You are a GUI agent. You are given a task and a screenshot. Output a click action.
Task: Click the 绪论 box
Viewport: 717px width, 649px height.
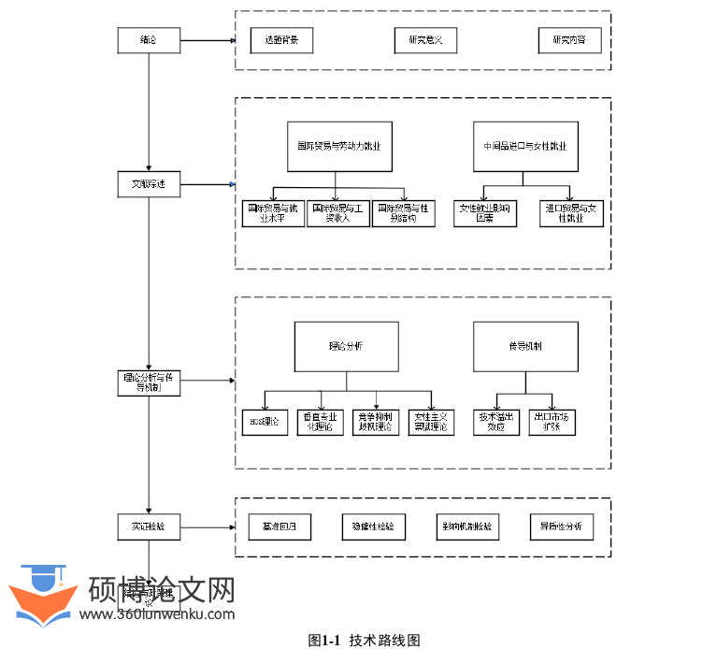149,40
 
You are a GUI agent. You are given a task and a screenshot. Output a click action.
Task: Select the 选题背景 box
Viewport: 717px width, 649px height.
281,40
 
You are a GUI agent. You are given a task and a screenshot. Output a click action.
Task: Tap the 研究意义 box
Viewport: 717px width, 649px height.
425,40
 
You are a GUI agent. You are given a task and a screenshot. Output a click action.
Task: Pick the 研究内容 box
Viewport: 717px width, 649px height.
569,40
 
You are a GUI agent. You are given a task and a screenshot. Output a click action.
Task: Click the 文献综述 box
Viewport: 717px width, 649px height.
149,184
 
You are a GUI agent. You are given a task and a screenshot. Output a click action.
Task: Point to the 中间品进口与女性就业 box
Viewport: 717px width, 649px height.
524,147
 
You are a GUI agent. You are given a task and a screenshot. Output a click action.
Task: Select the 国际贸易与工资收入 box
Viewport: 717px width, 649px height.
338,214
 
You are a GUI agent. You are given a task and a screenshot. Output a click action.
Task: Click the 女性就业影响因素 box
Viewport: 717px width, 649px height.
484,214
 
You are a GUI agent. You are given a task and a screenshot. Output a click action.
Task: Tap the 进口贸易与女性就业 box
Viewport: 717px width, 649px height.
571,214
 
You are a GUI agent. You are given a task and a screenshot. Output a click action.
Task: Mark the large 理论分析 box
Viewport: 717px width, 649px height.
346,347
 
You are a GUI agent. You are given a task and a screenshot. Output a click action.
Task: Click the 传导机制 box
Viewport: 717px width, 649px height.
524,347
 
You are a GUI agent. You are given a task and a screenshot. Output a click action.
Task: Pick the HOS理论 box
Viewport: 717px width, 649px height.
265,422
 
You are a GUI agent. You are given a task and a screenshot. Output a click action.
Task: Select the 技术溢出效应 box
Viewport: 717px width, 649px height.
496,422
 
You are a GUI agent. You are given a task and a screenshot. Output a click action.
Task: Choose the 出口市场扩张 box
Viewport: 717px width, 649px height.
552,422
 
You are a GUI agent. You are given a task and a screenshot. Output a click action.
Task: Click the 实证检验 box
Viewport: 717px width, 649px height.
149,526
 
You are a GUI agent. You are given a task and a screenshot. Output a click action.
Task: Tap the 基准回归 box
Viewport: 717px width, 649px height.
280,526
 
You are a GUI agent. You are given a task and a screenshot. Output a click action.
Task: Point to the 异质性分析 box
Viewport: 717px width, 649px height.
561,526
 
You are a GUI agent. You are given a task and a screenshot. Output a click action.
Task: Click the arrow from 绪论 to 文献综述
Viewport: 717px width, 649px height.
149,112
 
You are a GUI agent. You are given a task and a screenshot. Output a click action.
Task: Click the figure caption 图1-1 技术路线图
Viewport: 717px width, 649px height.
365,641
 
